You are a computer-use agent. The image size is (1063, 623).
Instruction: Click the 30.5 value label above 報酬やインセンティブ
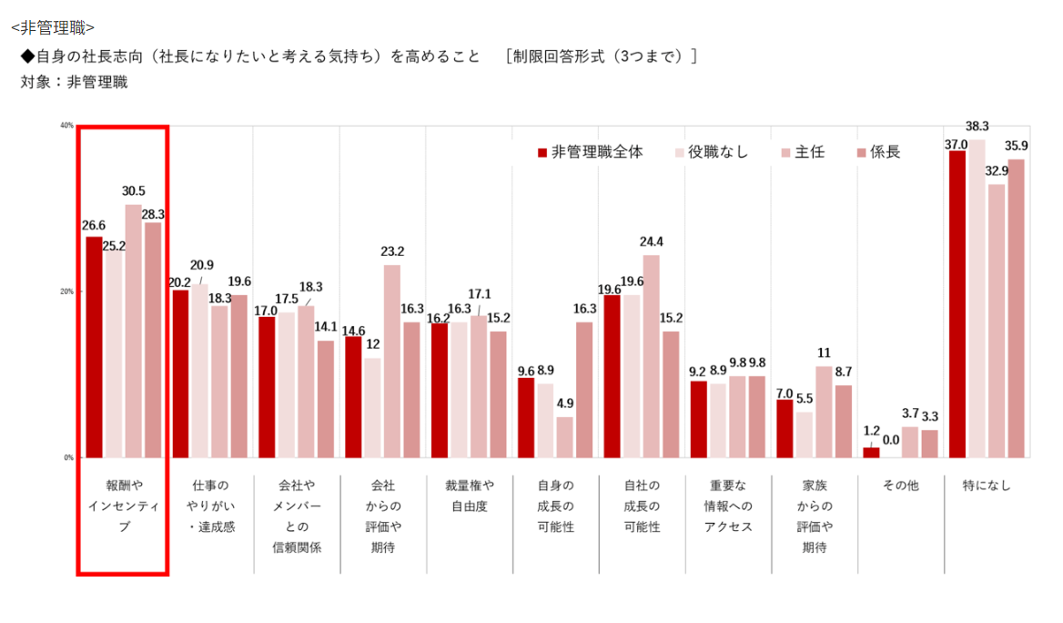click(133, 191)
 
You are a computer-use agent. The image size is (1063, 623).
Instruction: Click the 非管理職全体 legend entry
click(591, 152)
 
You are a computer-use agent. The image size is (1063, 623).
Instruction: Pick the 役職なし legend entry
click(711, 152)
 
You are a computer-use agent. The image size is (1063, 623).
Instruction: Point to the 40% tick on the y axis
click(66, 126)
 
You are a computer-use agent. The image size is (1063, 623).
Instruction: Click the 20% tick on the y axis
click(66, 291)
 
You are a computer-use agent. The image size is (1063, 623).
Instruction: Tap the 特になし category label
click(987, 485)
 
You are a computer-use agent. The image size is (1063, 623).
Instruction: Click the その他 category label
click(900, 485)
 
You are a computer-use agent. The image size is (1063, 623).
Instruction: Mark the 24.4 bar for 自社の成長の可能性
click(651, 356)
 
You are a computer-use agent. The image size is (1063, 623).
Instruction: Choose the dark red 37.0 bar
click(957, 304)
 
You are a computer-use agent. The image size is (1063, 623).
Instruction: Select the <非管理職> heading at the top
click(53, 27)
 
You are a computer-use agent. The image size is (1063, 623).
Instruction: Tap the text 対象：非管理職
click(74, 82)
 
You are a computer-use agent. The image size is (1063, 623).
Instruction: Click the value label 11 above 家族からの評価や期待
click(824, 352)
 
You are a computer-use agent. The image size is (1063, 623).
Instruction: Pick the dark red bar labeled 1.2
click(871, 453)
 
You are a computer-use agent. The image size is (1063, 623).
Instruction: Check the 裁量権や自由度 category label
click(469, 495)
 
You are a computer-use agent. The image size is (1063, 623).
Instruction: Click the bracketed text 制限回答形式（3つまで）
click(601, 56)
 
